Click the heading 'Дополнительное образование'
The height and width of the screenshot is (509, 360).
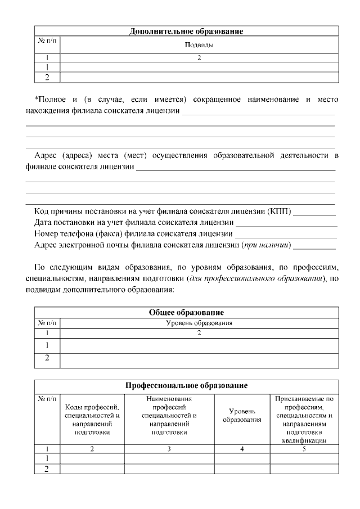(186, 31)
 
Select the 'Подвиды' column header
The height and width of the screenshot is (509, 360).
(199, 44)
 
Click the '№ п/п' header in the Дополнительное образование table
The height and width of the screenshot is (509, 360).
(47, 41)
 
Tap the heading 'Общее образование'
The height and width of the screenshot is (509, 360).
(186, 313)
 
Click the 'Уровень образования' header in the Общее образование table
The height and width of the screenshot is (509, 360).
(199, 323)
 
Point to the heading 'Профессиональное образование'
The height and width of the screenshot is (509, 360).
(186, 386)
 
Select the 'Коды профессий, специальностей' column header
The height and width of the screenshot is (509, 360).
(92, 420)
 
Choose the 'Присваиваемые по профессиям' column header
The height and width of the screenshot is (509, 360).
(304, 420)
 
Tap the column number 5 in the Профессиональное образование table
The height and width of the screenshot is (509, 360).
(304, 449)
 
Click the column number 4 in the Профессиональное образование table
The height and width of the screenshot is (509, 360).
(242, 449)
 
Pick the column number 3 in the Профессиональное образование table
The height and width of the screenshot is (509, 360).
(169, 449)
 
